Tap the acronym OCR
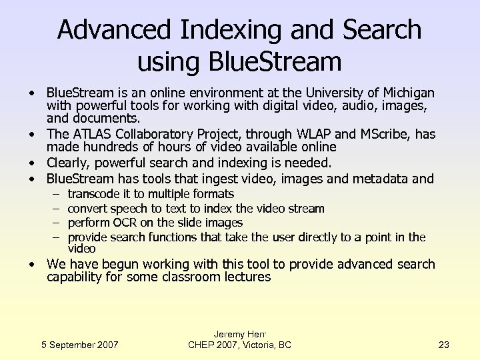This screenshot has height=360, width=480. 125,223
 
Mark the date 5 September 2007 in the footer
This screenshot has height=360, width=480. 79,345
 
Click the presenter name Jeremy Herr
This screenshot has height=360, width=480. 239,333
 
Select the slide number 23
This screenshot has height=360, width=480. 444,345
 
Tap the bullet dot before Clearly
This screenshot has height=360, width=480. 31,163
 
